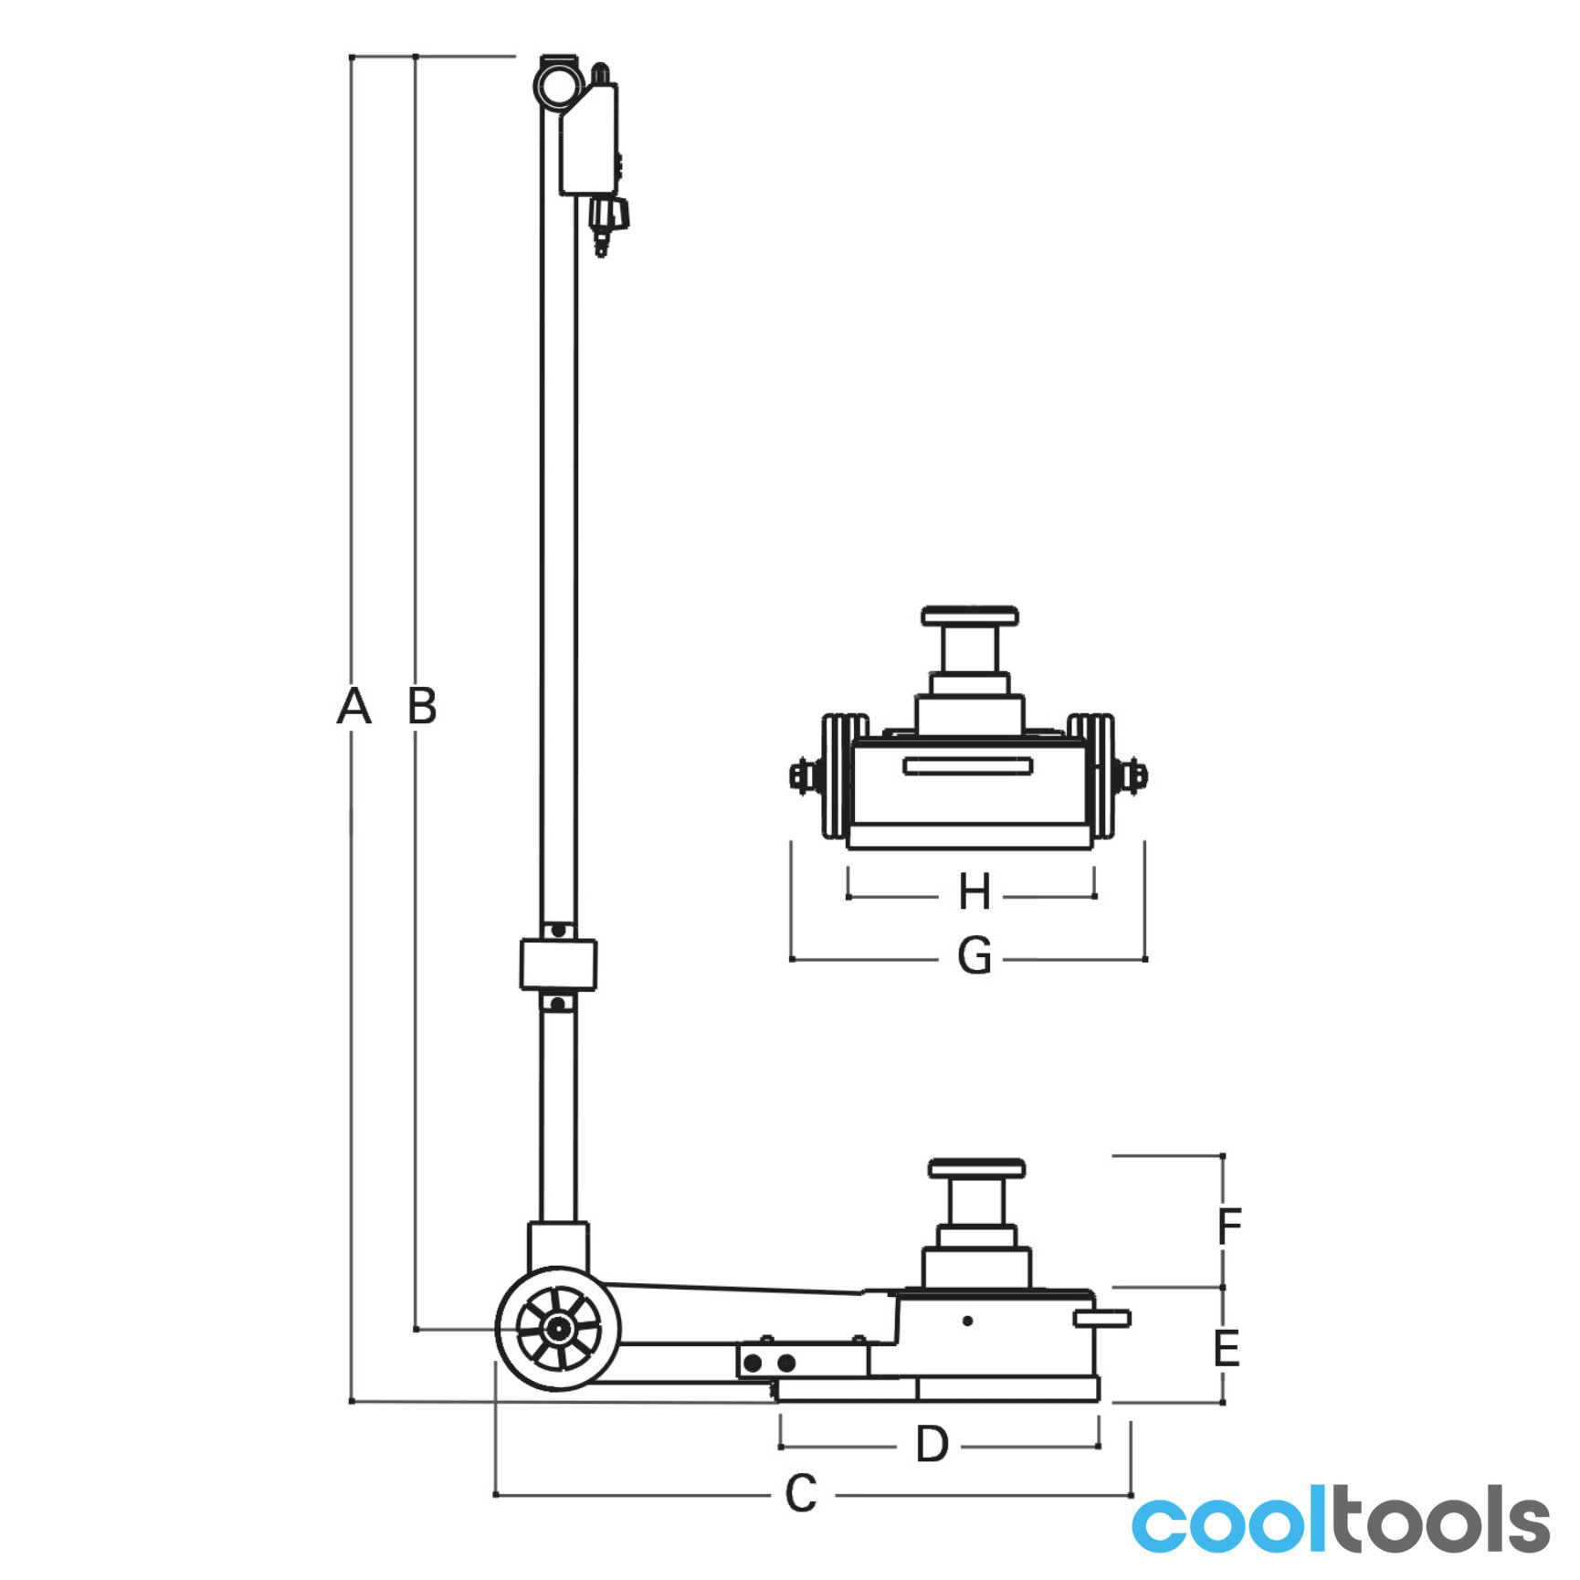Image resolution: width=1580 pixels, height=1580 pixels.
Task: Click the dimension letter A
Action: point(353,706)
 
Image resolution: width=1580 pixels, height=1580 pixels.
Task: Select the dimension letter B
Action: point(422,706)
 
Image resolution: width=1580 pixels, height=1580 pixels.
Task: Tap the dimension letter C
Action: point(801,1494)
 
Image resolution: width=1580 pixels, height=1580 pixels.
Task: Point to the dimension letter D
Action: point(932,1445)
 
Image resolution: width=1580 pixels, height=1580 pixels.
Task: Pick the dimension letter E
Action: point(1227,1348)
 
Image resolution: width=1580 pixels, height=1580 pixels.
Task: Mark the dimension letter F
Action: point(1229,1226)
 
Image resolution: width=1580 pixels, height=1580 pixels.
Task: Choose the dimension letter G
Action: point(974,956)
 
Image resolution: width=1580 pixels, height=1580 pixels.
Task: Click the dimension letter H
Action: point(974,891)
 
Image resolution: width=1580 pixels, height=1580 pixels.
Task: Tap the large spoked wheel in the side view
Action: point(557,1328)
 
